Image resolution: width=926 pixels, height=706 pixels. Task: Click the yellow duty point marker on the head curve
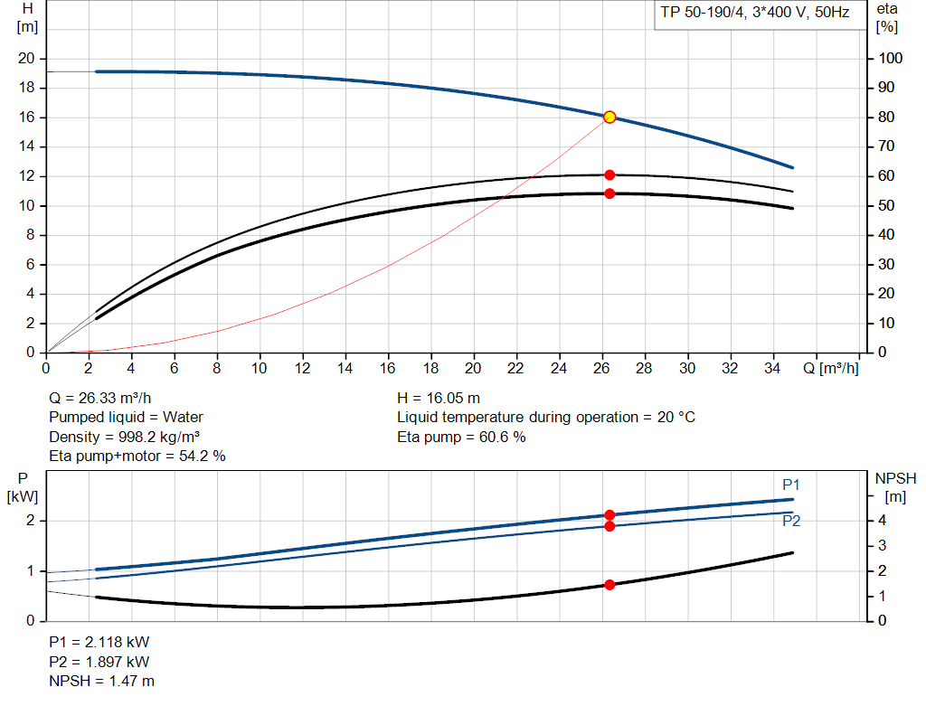tap(609, 117)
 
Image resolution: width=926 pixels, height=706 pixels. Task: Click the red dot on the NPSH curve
tap(609, 585)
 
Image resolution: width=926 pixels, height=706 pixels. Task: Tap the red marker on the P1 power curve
tap(609, 514)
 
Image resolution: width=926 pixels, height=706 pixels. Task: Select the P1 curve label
tap(791, 485)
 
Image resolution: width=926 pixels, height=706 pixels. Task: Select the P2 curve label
tap(791, 521)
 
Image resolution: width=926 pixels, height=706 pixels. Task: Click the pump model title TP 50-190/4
tap(706, 14)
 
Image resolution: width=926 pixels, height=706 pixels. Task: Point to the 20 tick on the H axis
tap(26, 58)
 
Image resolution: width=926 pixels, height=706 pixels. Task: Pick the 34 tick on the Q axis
tap(772, 368)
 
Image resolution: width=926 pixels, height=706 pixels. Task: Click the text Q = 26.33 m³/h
tap(101, 398)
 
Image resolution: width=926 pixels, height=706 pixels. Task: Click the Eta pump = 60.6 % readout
tap(461, 437)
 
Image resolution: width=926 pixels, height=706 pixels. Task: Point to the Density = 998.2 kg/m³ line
tap(124, 437)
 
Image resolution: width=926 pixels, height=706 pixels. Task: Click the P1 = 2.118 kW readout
tap(99, 642)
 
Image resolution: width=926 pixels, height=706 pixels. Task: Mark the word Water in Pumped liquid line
tap(184, 417)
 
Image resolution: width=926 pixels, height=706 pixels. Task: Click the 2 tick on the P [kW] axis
tap(30, 521)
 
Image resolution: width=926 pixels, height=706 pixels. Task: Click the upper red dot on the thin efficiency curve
tap(609, 174)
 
